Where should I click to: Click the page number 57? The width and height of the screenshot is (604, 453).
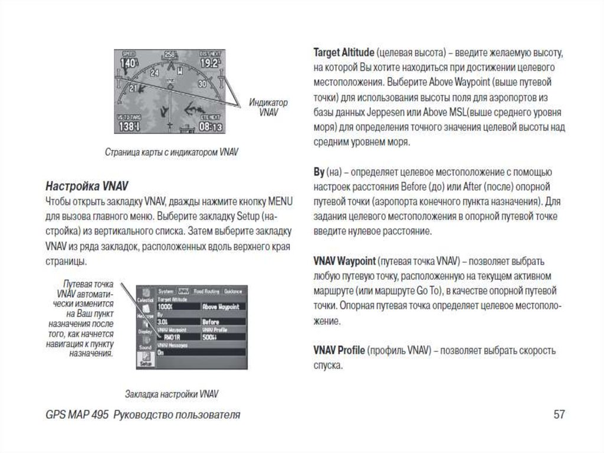(559, 415)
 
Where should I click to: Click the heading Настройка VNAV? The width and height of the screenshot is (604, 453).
(87, 185)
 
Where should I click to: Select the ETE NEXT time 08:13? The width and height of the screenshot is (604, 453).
(211, 126)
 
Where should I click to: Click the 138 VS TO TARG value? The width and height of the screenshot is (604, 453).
(129, 126)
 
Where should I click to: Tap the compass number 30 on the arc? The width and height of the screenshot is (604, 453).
(201, 84)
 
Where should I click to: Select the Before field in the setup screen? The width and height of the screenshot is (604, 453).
(211, 321)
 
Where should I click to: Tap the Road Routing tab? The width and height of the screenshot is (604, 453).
(206, 291)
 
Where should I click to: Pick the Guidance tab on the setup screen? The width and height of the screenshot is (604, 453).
(234, 291)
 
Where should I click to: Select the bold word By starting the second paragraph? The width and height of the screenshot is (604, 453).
(319, 172)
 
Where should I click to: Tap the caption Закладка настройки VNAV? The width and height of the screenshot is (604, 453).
(172, 393)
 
